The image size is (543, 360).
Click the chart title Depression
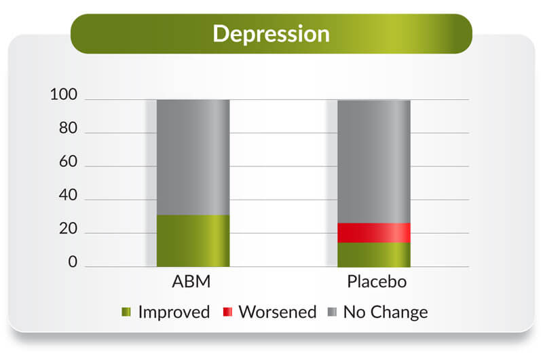click(271, 34)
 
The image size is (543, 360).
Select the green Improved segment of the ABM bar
click(193, 241)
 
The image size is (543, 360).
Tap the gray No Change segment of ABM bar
click(193, 158)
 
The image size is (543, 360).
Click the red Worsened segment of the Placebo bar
click(374, 233)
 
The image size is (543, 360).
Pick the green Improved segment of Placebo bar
click(374, 255)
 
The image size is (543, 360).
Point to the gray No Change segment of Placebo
click(374, 162)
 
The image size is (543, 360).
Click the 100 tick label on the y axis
click(64, 94)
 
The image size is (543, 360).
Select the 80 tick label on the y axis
click(69, 128)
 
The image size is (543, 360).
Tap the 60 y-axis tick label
click(69, 162)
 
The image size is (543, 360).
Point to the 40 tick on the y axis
click(69, 195)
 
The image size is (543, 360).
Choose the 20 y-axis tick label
click(69, 229)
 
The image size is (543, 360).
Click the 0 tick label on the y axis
click(73, 262)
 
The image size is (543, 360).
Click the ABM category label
click(191, 282)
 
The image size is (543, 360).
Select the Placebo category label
click(377, 282)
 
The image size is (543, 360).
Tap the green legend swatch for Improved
click(126, 312)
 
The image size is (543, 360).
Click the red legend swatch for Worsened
click(227, 312)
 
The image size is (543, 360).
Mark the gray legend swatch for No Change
click(332, 312)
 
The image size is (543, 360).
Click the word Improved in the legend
click(174, 312)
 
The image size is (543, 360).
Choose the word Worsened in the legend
click(278, 312)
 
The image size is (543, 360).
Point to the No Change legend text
click(386, 312)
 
